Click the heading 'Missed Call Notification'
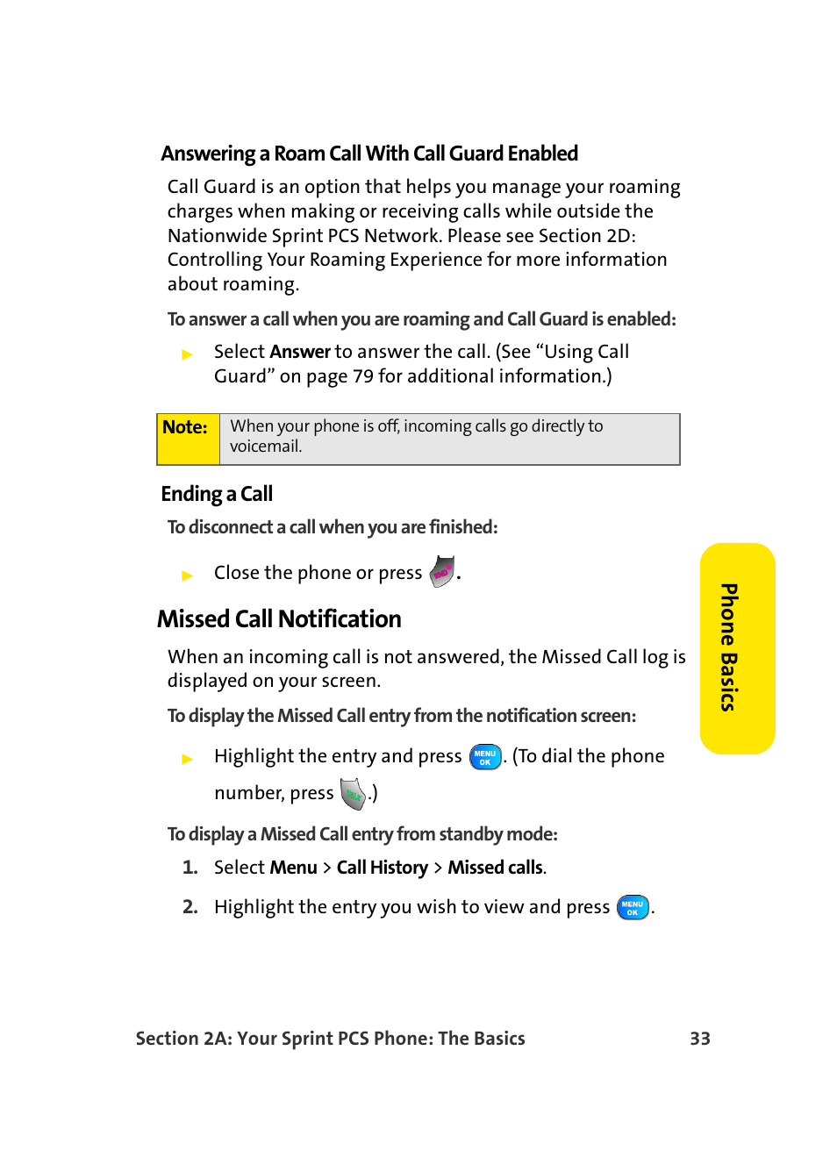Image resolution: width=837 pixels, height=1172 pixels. pyautogui.click(x=279, y=619)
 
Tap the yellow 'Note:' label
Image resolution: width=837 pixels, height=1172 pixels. pyautogui.click(x=186, y=428)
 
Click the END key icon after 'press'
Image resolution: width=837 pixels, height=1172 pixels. pyautogui.click(x=443, y=572)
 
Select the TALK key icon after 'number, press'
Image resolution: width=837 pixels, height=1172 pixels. pyautogui.click(x=353, y=794)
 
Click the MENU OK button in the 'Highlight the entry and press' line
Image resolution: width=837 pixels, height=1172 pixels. pyautogui.click(x=485, y=757)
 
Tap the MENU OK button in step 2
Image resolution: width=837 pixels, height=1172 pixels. pyautogui.click(x=633, y=907)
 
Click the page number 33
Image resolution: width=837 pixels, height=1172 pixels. pyautogui.click(x=699, y=1039)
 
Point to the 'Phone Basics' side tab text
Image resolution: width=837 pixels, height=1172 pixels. pyautogui.click(x=729, y=647)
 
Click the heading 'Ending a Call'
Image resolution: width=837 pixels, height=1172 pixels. pyautogui.click(x=217, y=494)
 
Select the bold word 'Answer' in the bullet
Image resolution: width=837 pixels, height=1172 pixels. pyautogui.click(x=300, y=352)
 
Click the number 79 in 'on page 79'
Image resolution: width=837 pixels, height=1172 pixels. pyautogui.click(x=362, y=376)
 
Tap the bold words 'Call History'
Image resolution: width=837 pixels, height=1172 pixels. pyautogui.click(x=383, y=868)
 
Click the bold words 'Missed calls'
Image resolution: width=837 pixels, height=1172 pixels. pyautogui.click(x=496, y=868)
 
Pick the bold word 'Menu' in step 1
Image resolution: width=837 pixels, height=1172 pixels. pyautogui.click(x=294, y=868)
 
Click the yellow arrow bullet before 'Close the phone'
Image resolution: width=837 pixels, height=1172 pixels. pyautogui.click(x=187, y=575)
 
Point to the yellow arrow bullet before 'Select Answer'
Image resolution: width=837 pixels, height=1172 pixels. pyautogui.click(x=187, y=354)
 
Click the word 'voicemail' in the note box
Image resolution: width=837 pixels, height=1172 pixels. pyautogui.click(x=265, y=447)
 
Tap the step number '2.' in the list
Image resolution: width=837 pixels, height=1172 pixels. pyautogui.click(x=190, y=907)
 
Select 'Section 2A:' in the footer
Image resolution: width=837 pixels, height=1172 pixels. pyautogui.click(x=182, y=1039)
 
